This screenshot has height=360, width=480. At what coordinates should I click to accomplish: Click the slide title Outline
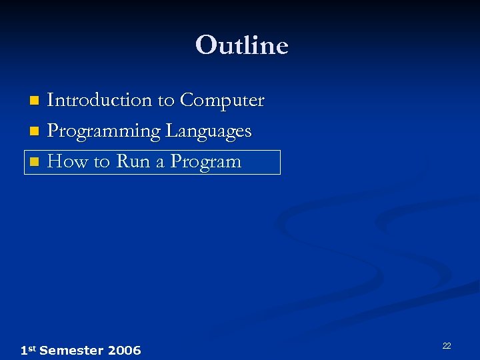[241, 45]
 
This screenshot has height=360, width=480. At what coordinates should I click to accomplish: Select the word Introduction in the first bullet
[100, 100]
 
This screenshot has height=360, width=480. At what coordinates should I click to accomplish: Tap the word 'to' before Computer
[166, 101]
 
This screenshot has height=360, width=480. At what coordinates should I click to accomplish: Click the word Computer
[222, 101]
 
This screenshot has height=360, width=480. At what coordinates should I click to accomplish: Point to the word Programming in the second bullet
[104, 131]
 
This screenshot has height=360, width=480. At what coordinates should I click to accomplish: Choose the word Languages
[208, 131]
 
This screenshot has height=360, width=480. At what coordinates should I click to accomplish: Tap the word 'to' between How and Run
[100, 162]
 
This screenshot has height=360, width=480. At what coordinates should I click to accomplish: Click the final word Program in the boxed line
[205, 162]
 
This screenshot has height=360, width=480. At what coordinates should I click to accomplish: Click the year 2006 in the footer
[123, 350]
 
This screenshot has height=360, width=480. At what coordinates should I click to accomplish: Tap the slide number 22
[447, 345]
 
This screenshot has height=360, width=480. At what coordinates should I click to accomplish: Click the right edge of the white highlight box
[280, 162]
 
